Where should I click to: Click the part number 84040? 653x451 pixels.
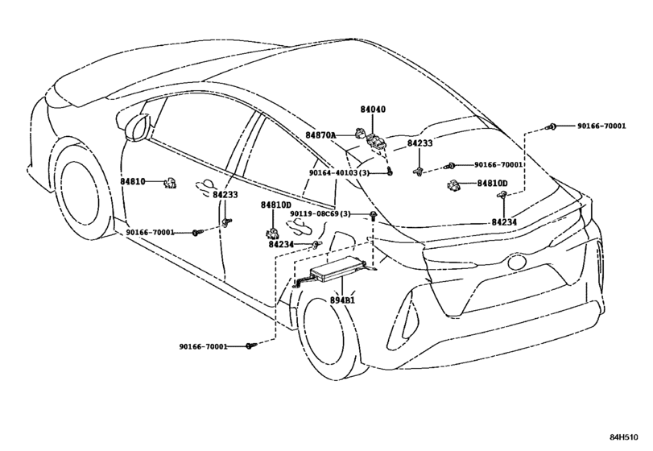pos(373,110)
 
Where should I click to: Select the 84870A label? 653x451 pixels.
pos(320,135)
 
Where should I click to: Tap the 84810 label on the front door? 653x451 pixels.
pos(133,181)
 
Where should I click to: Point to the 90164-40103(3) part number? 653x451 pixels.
pos(339,172)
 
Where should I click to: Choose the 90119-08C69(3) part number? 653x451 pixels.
pos(320,214)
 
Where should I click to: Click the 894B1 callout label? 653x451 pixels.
pos(342,300)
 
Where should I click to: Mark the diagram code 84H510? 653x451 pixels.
pos(624,437)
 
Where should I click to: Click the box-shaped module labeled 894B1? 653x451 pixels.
pos(338,271)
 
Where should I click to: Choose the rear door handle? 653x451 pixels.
pos(299,225)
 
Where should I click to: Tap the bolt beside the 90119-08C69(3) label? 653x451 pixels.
pos(373,215)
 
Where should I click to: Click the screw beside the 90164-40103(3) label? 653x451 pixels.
pos(390,171)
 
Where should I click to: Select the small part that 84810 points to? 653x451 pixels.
pos(171,183)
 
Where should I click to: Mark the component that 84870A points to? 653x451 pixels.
pos(359,133)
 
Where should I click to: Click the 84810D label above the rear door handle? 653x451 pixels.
pos(276,205)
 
